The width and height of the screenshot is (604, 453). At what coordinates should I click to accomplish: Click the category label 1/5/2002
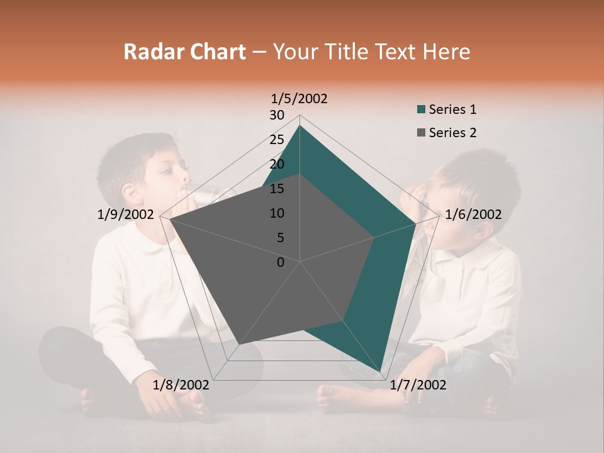coord(299,99)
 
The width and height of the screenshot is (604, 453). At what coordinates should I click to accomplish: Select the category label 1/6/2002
coord(473,215)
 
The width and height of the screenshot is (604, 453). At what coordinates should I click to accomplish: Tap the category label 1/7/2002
coord(418,385)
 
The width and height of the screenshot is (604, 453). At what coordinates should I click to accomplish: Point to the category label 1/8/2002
coord(181,385)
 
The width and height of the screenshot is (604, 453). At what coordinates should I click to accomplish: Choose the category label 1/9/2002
coord(126,215)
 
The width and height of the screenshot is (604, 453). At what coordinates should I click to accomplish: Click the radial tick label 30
coord(277,115)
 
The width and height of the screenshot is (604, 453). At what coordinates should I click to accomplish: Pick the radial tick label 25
coord(277,140)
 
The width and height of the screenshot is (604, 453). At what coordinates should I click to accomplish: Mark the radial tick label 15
coord(277,189)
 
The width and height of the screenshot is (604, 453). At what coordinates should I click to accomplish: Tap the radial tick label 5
coord(281,238)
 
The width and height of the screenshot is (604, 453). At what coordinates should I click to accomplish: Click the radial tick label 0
coord(281,262)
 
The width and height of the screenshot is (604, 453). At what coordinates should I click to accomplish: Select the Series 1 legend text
coord(452,109)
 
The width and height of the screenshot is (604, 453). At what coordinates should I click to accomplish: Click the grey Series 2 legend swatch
coord(422,133)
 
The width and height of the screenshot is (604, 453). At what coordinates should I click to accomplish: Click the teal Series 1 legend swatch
coord(422,109)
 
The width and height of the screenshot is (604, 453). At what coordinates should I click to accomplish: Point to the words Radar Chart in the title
coord(184,52)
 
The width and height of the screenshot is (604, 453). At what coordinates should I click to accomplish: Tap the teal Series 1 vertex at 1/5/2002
coord(299,126)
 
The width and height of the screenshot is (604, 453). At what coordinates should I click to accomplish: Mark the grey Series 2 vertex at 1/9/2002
coord(169,219)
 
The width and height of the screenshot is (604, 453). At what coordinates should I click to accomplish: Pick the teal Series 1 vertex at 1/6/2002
coord(416,223)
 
